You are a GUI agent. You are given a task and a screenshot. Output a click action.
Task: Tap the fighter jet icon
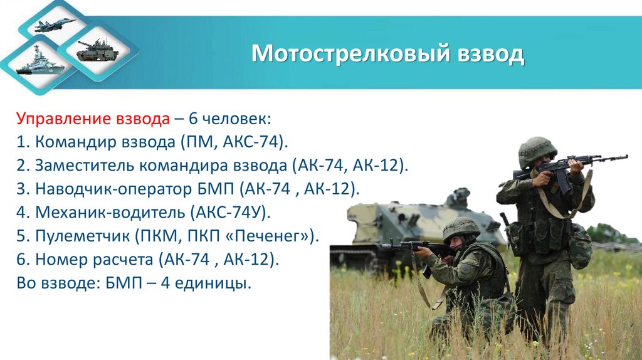pos(55,25)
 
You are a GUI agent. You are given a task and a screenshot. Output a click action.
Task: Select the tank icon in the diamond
pos(97,51)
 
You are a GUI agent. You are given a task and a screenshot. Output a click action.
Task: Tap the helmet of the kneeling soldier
pos(461,228)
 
